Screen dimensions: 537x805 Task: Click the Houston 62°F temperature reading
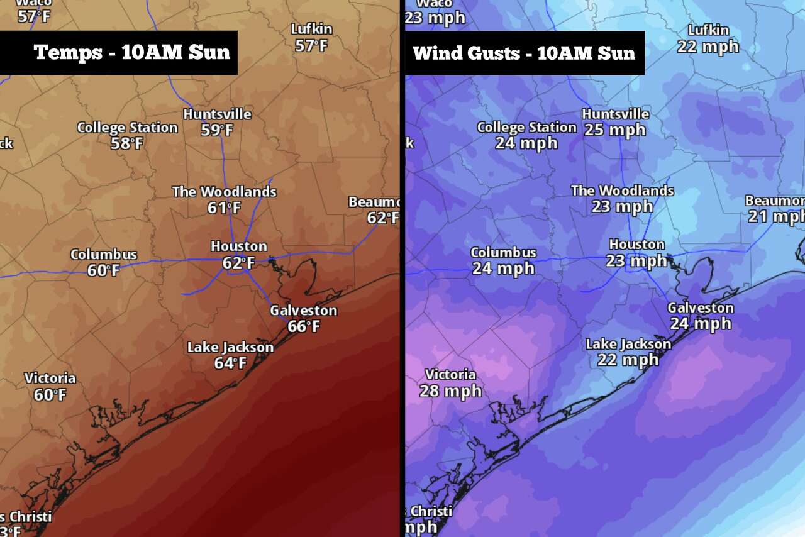(x=238, y=263)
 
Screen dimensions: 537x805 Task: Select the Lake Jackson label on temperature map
(x=230, y=347)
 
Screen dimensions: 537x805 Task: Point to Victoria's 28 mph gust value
(x=450, y=391)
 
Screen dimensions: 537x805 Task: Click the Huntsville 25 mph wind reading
(x=614, y=130)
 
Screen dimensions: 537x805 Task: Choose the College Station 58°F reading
(x=127, y=143)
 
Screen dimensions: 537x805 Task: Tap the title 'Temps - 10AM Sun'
(x=132, y=52)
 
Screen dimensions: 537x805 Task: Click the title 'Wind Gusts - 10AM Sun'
(x=524, y=53)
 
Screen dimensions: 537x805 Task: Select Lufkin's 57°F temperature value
(x=311, y=46)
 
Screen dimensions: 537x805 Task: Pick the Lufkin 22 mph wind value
(x=708, y=47)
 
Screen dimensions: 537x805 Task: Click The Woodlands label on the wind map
(x=622, y=191)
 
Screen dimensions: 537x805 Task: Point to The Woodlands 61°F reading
(x=225, y=208)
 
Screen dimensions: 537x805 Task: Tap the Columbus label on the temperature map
(x=104, y=255)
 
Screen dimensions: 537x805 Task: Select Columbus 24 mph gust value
(x=503, y=268)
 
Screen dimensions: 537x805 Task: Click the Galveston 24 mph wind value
(x=700, y=324)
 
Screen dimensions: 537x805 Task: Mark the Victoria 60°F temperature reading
(x=50, y=395)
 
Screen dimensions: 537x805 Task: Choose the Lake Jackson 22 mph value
(x=628, y=360)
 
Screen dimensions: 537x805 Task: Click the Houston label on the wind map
(x=636, y=244)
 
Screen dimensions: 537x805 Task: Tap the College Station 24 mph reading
(x=526, y=143)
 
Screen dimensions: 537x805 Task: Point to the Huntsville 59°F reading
(x=217, y=130)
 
